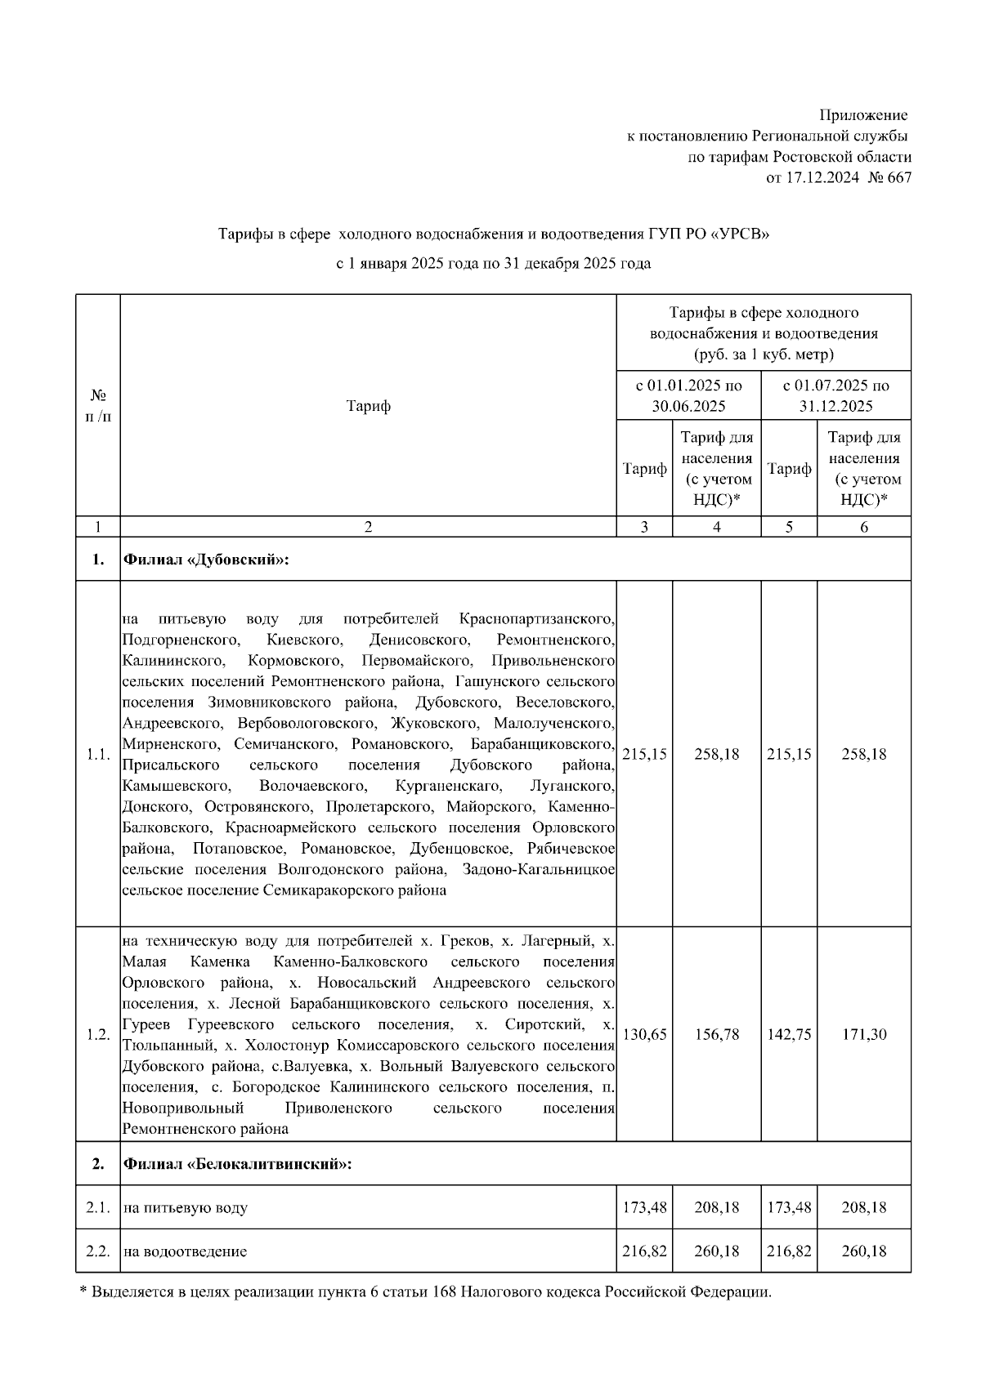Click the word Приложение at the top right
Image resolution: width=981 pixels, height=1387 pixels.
pos(863,115)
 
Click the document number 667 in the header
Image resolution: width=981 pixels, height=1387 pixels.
pos(898,178)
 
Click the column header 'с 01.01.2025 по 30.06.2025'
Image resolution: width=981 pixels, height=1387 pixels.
pos(688,395)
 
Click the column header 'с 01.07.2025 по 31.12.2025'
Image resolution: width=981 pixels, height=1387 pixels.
pos(835,395)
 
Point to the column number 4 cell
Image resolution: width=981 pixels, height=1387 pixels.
pos(716,527)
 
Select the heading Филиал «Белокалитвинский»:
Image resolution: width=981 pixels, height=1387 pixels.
pos(237,1163)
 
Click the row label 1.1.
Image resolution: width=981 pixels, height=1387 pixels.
pos(98,754)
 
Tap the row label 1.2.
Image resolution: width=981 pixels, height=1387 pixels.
pos(98,1034)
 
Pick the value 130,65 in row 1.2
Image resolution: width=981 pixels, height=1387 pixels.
pos(644,1034)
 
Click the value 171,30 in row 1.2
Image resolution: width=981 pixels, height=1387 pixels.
pos(863,1034)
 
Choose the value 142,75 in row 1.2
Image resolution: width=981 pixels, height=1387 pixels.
pos(789,1034)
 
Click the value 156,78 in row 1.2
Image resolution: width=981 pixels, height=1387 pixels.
pos(716,1034)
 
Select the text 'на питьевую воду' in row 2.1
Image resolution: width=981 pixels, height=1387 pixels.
pos(186,1207)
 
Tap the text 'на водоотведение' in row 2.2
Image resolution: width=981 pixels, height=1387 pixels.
pos(186,1251)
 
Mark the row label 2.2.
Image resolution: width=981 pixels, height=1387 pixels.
pos(98,1251)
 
